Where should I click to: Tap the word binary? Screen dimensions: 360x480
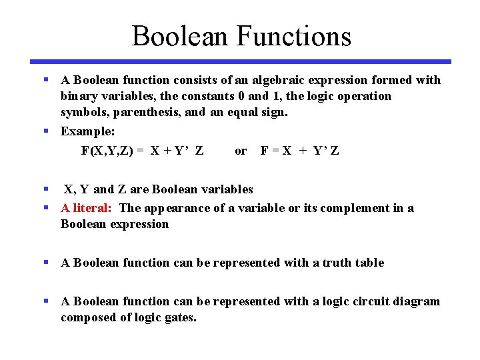coord(79,96)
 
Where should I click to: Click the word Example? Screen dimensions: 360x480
coord(88,131)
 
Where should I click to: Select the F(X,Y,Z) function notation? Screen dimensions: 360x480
coord(108,151)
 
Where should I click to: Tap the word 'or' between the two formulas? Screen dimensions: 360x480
coord(241,151)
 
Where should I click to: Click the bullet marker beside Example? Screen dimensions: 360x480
coord(47,131)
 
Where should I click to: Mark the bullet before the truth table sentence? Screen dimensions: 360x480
coord(47,262)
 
